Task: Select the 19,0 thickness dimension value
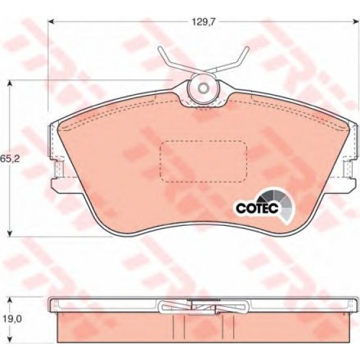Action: pyautogui.click(x=9, y=321)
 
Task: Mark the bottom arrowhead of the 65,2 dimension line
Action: pyautogui.click(x=10, y=234)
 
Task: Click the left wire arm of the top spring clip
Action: pyautogui.click(x=169, y=62)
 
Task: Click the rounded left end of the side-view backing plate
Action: pyautogui.click(x=54, y=305)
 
